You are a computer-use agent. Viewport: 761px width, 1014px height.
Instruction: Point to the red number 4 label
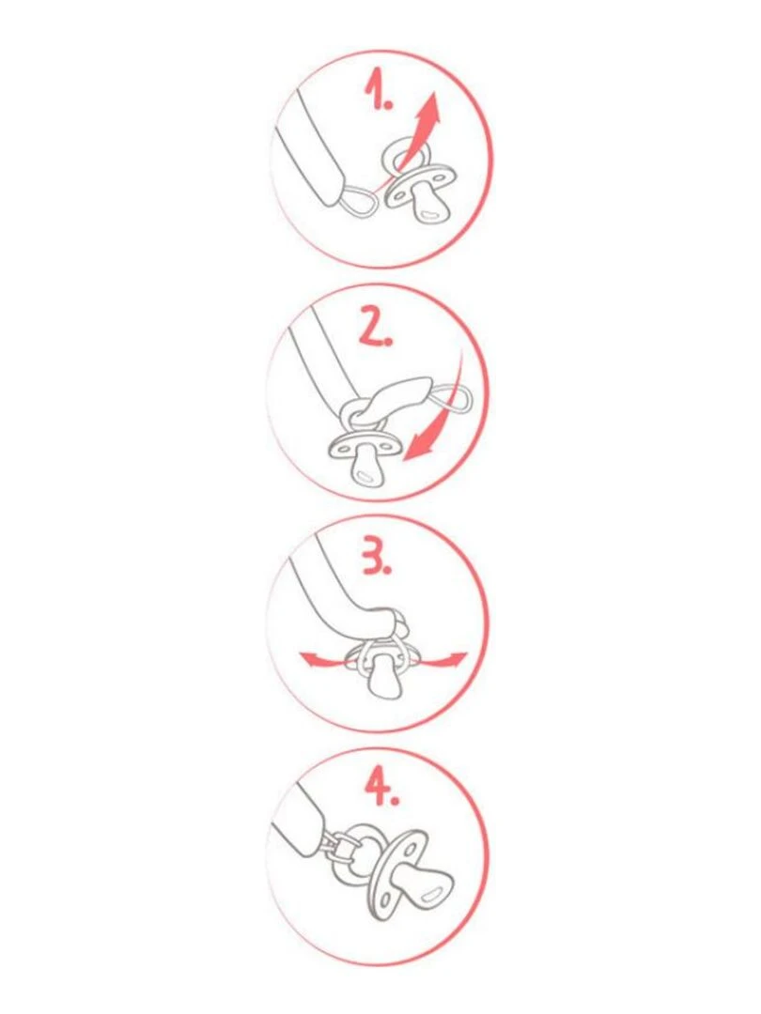[381, 788]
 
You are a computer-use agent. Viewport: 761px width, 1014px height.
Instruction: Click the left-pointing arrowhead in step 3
[309, 659]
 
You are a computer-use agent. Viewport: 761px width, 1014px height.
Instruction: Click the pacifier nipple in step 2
[367, 467]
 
